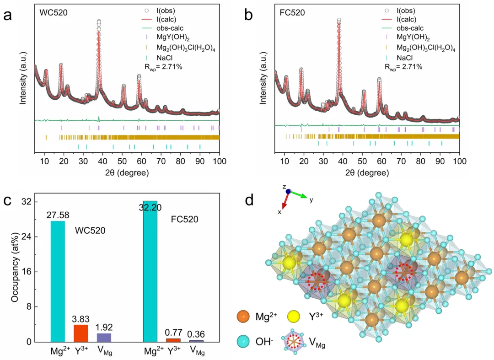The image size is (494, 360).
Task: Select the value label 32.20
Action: point(150,208)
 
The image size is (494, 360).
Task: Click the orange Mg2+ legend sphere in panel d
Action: point(243,317)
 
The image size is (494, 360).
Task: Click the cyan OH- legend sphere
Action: point(243,341)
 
